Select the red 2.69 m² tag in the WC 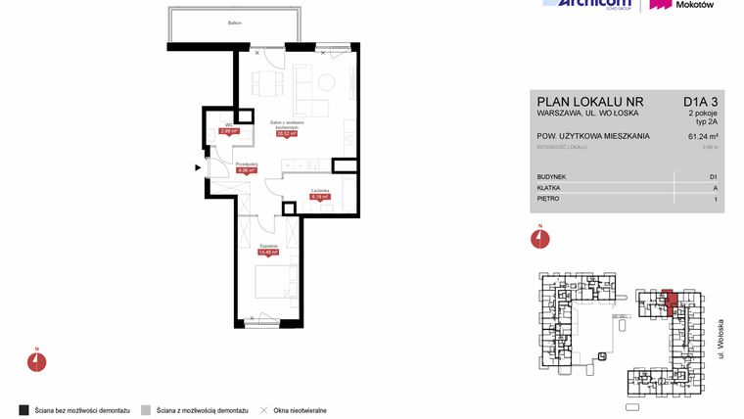click(224, 131)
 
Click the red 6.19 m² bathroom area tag click(319, 196)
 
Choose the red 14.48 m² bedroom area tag click(268, 252)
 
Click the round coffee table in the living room click(327, 84)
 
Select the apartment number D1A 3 click(701, 101)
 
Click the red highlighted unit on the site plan click(670, 299)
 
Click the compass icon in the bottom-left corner click(36, 360)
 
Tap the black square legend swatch click(22, 408)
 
